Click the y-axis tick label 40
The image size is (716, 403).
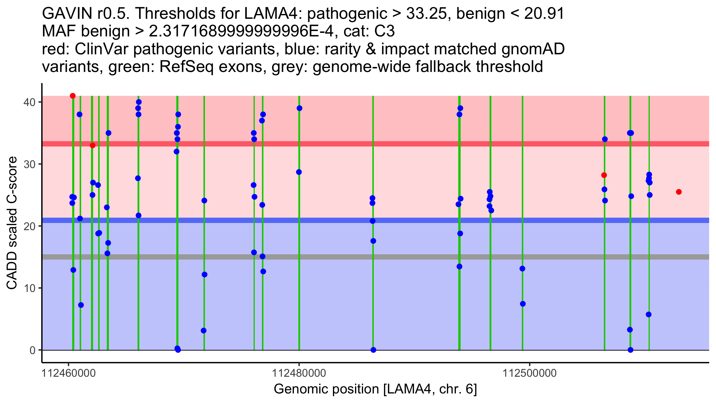29,102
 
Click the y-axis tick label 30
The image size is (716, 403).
29,164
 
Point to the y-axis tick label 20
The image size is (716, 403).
29,226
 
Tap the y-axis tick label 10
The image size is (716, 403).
29,288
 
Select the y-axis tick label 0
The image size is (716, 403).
32,350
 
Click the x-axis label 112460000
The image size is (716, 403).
69,373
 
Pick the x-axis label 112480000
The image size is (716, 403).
299,373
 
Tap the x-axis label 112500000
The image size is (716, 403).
530,373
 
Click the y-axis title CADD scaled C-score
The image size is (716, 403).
12,223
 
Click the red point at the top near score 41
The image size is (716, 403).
72,96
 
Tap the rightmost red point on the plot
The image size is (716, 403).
679,192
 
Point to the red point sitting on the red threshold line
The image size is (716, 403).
92,145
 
